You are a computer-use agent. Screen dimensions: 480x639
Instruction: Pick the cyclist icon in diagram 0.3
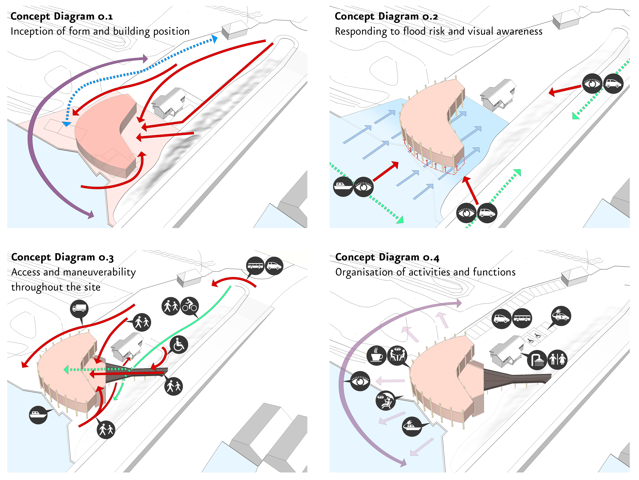pos(190,306)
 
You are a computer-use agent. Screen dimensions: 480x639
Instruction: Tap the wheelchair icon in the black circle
pos(179,345)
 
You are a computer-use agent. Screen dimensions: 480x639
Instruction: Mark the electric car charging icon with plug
pos(561,316)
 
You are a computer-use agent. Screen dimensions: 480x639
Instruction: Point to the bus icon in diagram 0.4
pos(522,318)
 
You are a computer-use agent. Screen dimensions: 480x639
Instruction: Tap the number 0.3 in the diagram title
pos(106,257)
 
